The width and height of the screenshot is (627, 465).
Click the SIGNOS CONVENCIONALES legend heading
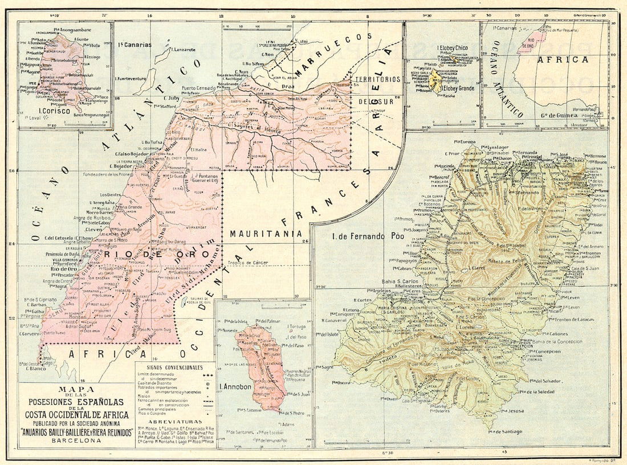pos(173,368)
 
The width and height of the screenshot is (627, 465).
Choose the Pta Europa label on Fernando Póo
pos(465,141)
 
